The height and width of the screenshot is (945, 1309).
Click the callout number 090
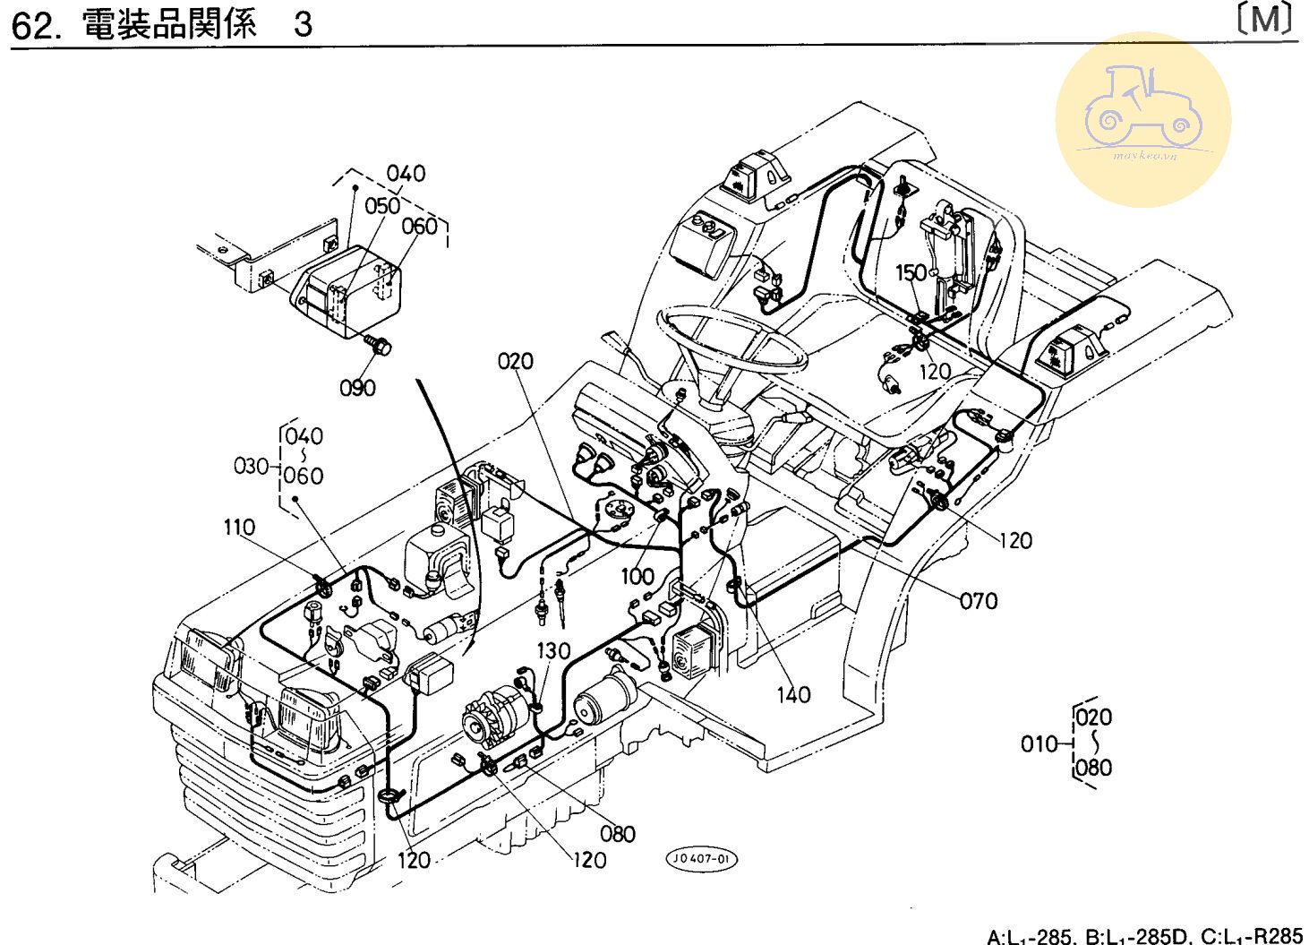(x=357, y=388)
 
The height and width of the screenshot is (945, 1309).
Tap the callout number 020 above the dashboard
(x=516, y=361)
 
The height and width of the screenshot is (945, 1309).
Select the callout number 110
(x=239, y=528)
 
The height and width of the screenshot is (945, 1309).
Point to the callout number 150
(x=911, y=272)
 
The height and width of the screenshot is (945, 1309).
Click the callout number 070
(x=978, y=601)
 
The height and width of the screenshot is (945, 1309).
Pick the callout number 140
(x=793, y=694)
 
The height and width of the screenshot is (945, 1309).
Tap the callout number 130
(x=553, y=651)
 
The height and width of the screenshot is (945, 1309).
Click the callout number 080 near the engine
(x=618, y=834)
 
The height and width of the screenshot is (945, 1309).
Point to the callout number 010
(x=1039, y=743)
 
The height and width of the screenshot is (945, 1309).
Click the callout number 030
(x=251, y=466)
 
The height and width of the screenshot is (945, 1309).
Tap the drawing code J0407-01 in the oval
(x=701, y=859)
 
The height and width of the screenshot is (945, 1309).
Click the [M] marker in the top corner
(x=1266, y=20)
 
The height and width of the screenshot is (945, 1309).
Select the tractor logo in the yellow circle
(x=1143, y=117)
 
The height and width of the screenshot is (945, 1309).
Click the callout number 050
(x=382, y=206)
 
